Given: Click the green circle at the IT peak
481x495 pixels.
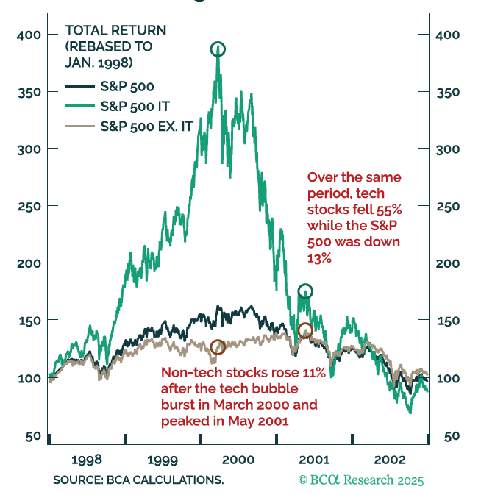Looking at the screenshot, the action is (218, 43).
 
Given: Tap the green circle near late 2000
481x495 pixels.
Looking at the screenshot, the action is (305, 284).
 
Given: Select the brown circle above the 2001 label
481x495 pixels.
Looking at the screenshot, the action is (305, 324).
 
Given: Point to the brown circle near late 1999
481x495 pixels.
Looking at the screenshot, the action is (218, 341).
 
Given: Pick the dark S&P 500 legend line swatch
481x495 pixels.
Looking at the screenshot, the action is (80, 86).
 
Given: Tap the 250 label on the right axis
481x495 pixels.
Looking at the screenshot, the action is (448, 207).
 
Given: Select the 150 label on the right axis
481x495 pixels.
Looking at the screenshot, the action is (448, 321).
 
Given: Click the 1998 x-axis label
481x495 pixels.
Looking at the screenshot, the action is (87, 460).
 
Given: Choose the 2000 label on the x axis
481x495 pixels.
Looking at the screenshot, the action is (238, 460).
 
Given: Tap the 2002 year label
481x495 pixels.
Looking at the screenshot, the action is (390, 460).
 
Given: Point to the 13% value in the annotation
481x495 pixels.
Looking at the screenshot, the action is (319, 258).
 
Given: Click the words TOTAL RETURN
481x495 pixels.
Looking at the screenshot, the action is (115, 31).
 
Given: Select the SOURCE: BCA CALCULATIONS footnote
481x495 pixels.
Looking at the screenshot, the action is (138, 480).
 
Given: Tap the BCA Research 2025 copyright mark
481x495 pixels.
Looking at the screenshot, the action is (360, 480).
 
